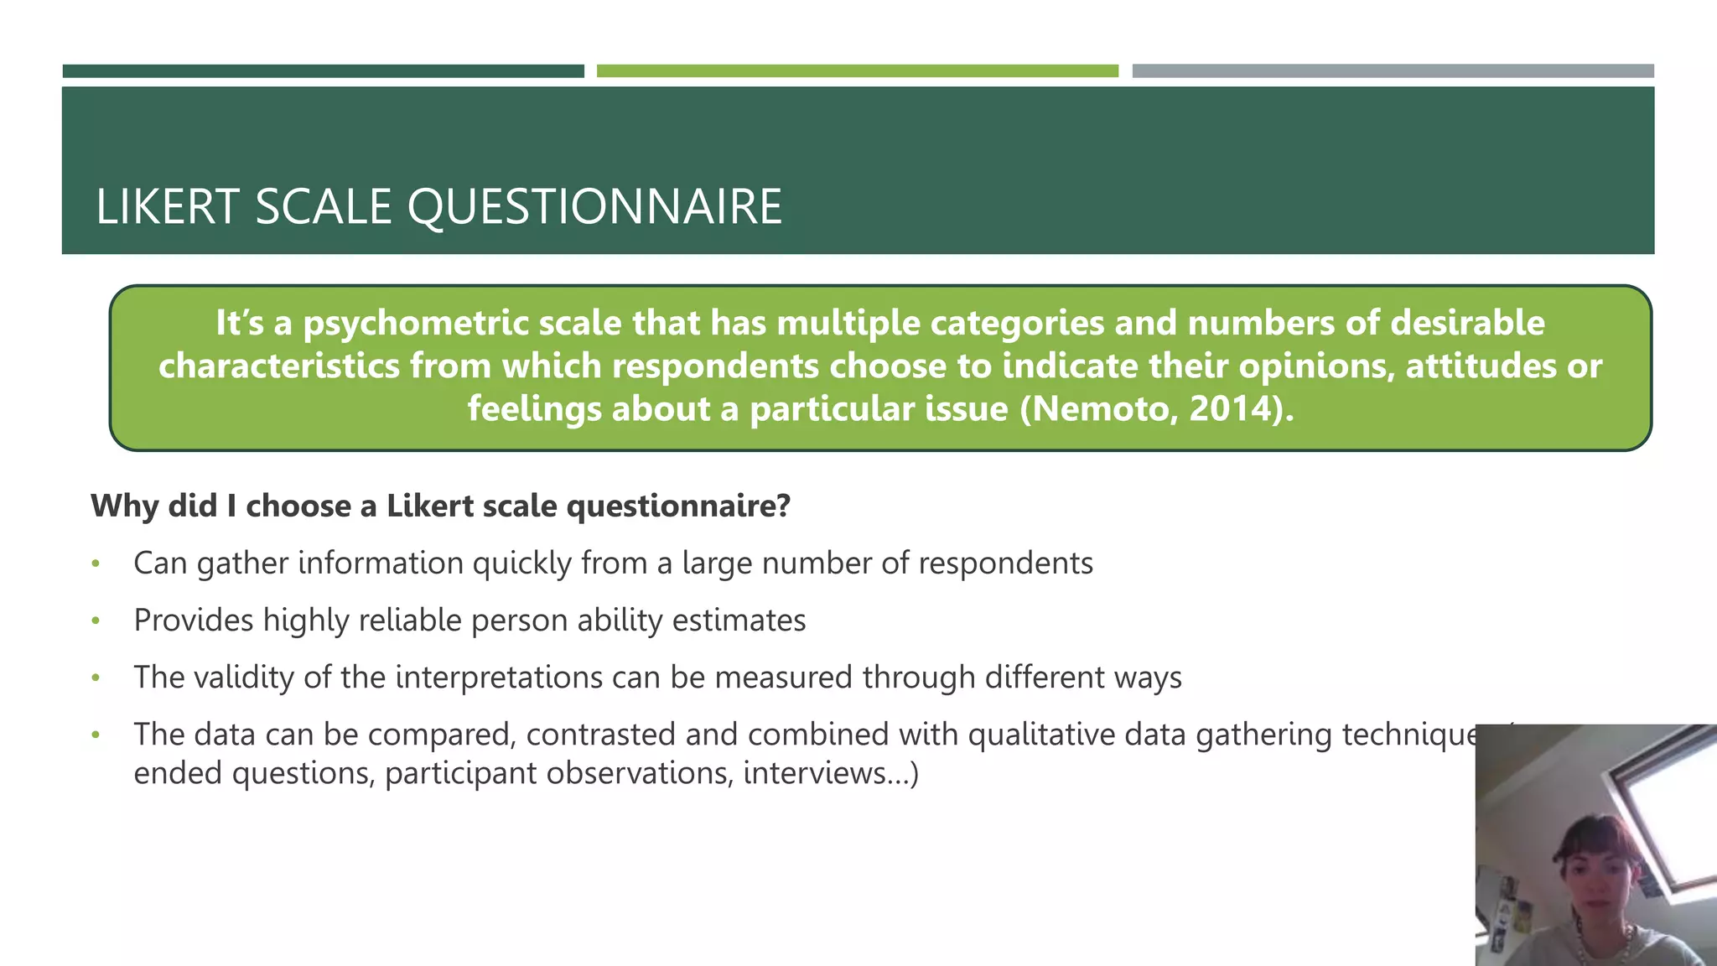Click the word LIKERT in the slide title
[x=168, y=207]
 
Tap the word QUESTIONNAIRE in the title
[x=594, y=207]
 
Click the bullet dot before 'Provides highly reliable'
[x=96, y=621]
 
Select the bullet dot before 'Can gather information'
[x=96, y=564]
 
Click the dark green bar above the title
[x=323, y=71]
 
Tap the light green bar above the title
[x=857, y=71]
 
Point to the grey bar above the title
[x=1393, y=71]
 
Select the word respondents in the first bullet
[x=1005, y=563]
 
